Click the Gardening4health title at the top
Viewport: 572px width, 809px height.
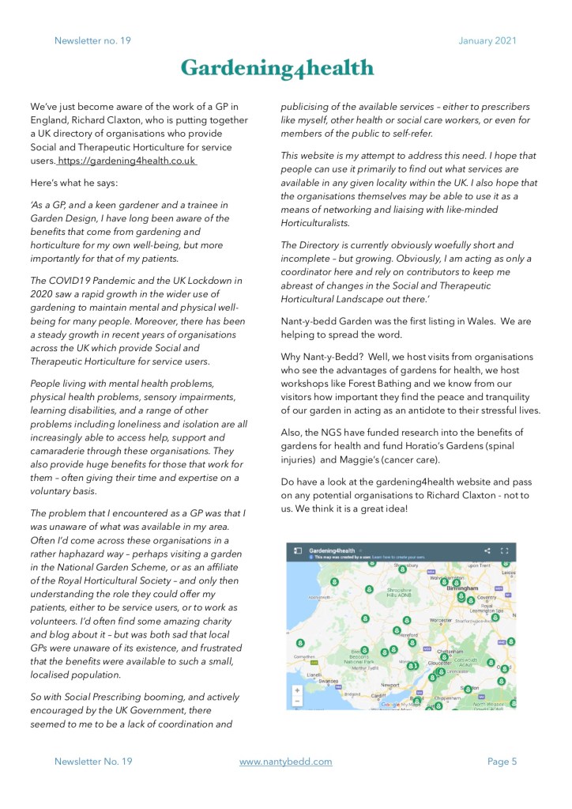point(277,69)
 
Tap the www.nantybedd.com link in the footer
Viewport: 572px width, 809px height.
point(285,761)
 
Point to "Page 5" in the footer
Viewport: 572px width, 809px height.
point(502,761)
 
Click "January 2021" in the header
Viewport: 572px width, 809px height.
point(487,40)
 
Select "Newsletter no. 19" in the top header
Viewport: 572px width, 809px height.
point(92,40)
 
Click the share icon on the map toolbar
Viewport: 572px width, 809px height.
point(487,550)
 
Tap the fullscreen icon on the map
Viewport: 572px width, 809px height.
point(505,550)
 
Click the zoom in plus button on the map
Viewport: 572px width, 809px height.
point(297,690)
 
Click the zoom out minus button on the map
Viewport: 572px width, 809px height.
point(297,701)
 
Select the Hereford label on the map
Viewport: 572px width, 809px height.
point(408,635)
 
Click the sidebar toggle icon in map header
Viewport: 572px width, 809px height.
point(298,550)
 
